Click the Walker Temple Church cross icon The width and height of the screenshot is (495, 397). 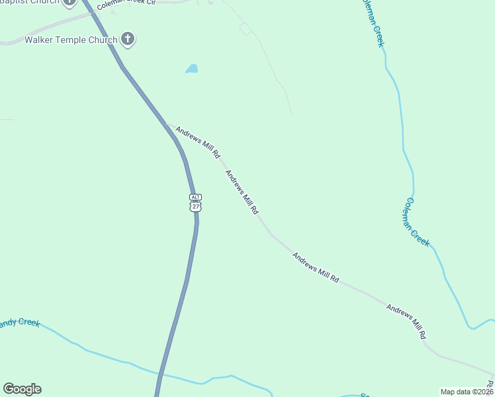(x=128, y=40)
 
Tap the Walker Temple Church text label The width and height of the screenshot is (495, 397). (x=71, y=40)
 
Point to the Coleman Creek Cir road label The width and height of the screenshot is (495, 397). (x=126, y=4)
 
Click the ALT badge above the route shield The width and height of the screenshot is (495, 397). (x=195, y=197)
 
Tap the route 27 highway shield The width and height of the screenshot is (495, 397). (x=195, y=206)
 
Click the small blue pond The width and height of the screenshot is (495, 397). (x=192, y=69)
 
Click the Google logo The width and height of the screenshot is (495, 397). (x=22, y=389)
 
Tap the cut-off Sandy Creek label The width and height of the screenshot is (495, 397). (x=20, y=323)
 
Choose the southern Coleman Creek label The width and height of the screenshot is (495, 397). (x=418, y=222)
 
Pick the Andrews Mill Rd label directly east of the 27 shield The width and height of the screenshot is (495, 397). (x=242, y=193)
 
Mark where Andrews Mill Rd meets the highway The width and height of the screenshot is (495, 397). (x=169, y=125)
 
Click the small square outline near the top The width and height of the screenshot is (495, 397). (x=246, y=28)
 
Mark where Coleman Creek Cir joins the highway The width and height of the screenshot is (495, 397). (x=93, y=13)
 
